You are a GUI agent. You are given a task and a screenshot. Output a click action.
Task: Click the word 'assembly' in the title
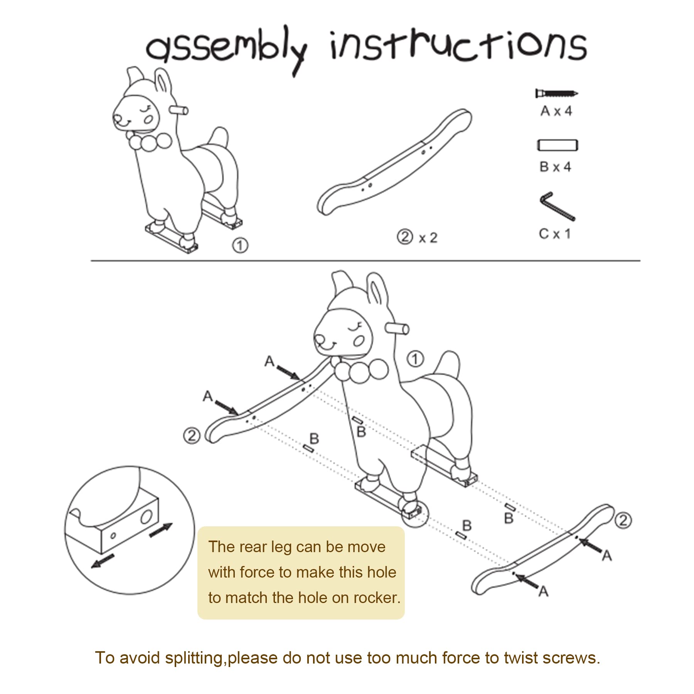(x=227, y=50)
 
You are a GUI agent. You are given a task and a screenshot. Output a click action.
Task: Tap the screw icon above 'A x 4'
(x=557, y=93)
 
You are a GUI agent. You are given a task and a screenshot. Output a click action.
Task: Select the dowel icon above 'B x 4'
(x=558, y=145)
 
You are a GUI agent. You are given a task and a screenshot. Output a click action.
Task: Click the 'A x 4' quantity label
(x=556, y=111)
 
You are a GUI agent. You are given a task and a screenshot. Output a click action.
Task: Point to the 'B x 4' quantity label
(x=555, y=167)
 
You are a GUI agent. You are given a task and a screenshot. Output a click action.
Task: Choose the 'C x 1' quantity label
(x=554, y=234)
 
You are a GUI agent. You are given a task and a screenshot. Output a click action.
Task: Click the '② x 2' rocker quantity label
(x=417, y=237)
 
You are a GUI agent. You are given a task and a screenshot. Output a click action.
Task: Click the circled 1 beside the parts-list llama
(x=240, y=245)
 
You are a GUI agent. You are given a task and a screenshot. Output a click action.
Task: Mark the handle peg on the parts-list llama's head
(x=180, y=111)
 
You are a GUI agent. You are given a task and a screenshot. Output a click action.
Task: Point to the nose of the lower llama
(x=320, y=340)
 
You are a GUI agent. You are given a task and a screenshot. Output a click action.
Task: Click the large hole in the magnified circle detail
(x=146, y=516)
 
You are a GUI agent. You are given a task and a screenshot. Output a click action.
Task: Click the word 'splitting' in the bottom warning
(x=194, y=658)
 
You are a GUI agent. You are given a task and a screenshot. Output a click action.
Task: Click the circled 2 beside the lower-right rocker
(x=623, y=520)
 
